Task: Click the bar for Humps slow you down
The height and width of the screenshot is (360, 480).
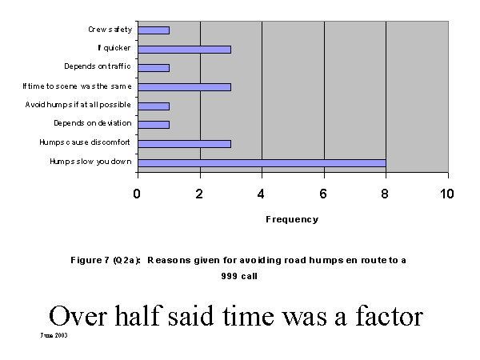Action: coord(262,162)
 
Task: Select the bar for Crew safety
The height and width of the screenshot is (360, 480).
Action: coord(154,30)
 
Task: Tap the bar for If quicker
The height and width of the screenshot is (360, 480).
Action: coord(184,49)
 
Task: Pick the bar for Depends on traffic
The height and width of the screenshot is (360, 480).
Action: coord(154,67)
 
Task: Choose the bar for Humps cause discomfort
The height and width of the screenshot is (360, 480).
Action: coord(184,144)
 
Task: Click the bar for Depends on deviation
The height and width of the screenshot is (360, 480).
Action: coord(154,124)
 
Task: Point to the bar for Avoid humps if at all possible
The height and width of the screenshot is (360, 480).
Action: coord(154,106)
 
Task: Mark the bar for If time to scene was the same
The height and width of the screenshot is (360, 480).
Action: coord(184,86)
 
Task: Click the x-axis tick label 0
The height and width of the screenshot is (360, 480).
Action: coord(138,194)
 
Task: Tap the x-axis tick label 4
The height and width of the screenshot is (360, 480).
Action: coord(262,194)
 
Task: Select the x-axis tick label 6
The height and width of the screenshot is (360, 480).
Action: coord(324,194)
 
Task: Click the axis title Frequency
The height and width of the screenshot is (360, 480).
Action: coord(292,219)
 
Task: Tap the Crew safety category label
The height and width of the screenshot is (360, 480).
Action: coord(110,30)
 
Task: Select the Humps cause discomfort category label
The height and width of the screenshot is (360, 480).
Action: coord(90,144)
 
